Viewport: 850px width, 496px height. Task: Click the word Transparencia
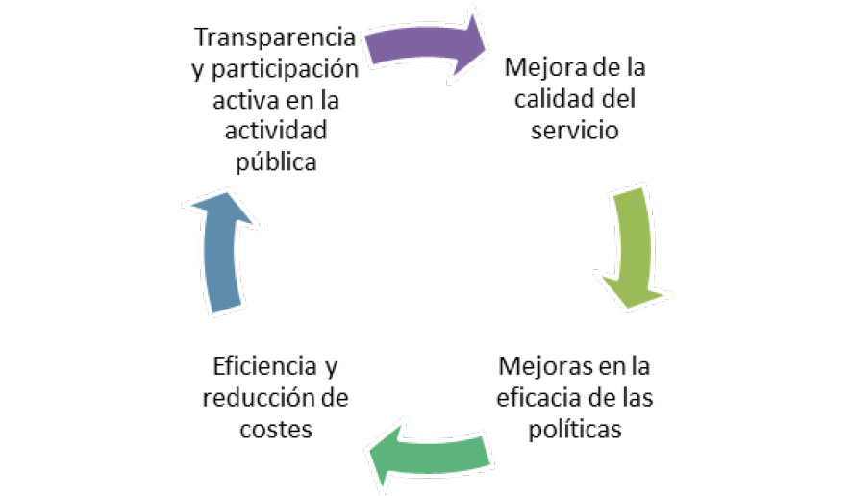[275, 39]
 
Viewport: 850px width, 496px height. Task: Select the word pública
[276, 161]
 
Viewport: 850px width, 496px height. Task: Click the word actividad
[276, 131]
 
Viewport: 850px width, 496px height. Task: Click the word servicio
[574, 130]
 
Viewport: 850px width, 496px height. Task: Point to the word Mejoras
[540, 367]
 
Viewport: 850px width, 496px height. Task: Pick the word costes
[275, 429]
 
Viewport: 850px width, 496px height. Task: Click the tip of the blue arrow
[218, 195]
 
